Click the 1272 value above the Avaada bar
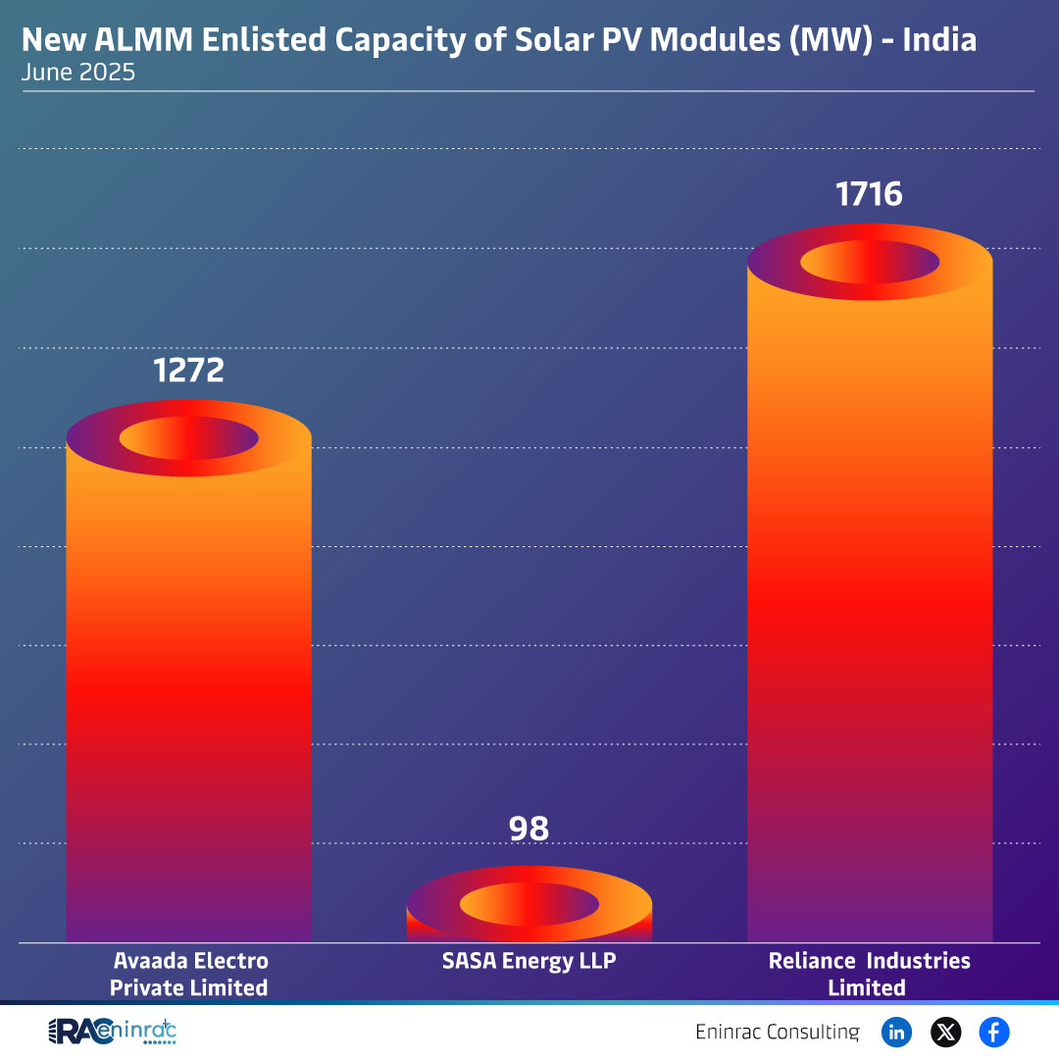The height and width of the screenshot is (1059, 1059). point(188,370)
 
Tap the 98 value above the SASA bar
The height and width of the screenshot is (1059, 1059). point(529,829)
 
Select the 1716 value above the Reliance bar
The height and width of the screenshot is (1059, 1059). point(869,193)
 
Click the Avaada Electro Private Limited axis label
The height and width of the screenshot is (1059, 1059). point(189,974)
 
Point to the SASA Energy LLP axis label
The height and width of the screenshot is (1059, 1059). point(529,961)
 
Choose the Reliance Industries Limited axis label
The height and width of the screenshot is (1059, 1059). point(869,974)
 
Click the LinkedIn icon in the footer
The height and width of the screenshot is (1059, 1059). point(896,1032)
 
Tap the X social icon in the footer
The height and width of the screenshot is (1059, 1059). point(945,1032)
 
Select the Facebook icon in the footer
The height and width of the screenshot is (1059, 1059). point(993,1032)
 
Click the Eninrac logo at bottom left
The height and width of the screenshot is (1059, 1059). point(113,1032)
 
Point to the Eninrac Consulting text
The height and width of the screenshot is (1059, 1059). point(777,1032)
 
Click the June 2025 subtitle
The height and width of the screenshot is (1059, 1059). point(78,73)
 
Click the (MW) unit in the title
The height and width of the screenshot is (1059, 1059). point(832,40)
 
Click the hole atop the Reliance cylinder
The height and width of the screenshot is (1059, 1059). point(870,263)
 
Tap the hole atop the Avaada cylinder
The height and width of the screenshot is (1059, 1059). point(188,438)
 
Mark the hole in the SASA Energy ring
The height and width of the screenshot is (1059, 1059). point(529,903)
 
